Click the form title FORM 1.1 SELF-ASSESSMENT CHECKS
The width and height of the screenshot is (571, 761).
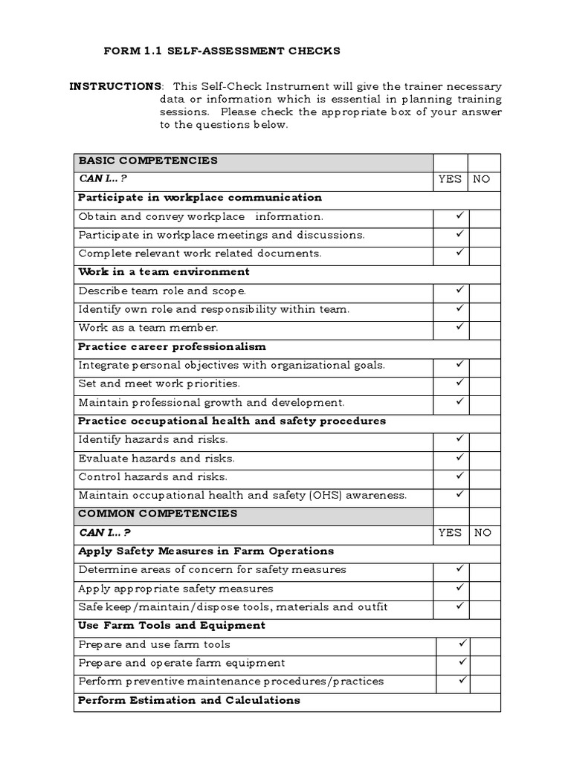coord(221,51)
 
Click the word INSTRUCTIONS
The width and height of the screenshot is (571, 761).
coord(115,87)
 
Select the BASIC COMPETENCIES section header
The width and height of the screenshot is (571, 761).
coord(148,161)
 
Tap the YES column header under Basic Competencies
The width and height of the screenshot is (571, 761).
coord(450,179)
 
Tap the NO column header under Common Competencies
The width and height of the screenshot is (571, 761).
coord(482,533)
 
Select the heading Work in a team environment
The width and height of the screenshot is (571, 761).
coord(164,272)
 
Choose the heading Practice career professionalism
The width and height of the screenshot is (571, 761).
coord(172,346)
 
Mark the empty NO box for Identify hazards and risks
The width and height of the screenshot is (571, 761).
coord(484,439)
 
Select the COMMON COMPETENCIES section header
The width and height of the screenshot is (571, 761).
coord(158,514)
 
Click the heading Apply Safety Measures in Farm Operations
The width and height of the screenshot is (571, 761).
coord(206,551)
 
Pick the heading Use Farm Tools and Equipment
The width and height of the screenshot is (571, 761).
coord(172,626)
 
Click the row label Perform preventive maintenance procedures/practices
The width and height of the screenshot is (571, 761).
coord(230,681)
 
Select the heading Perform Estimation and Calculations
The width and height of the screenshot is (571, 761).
coord(189,700)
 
